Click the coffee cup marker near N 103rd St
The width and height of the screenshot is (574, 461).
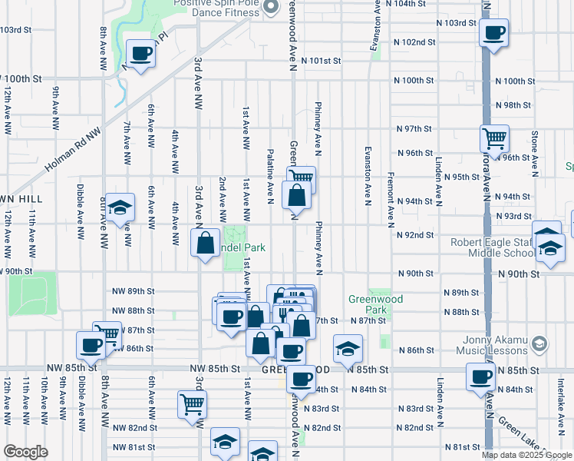tap(493, 33)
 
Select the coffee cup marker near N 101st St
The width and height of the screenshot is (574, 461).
tap(140, 54)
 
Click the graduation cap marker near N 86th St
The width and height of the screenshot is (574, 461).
tap(348, 349)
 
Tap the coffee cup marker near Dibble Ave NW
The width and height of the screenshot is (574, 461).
tap(91, 345)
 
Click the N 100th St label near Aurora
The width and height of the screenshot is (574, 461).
tap(513, 81)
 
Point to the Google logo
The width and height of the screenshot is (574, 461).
tap(26, 452)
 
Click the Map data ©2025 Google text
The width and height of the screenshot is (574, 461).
tap(526, 455)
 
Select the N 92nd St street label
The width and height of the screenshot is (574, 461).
tap(414, 235)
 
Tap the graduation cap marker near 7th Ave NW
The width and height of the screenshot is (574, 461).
tap(120, 207)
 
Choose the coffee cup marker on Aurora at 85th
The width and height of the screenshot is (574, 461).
tap(481, 377)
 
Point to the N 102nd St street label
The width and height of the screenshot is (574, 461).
tap(414, 42)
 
